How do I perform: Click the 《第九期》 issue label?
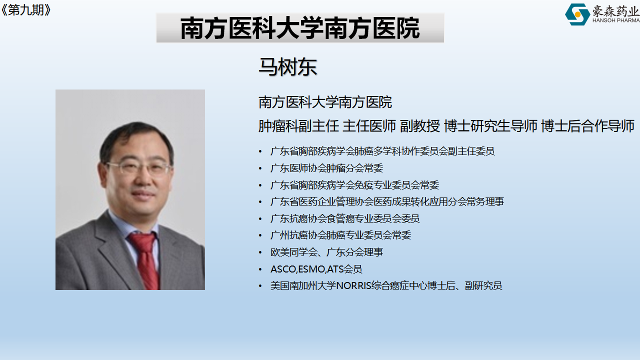[x=26, y=10]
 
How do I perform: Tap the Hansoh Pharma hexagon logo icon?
[x=577, y=14]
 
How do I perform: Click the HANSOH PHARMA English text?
[x=616, y=20]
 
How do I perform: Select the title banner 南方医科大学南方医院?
[x=300, y=27]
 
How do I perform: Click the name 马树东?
[x=287, y=67]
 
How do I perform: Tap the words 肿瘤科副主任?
[x=298, y=126]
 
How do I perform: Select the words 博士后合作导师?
[x=587, y=126]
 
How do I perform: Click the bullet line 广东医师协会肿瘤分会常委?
[x=326, y=168]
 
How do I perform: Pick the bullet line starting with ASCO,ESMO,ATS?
[x=316, y=269]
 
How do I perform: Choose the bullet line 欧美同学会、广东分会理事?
[x=326, y=252]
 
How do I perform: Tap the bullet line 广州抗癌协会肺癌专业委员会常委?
[x=340, y=235]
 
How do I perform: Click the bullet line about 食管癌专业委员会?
[x=345, y=218]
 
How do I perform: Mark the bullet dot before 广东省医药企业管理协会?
[x=260, y=202]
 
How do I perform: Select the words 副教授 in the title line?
[x=419, y=126]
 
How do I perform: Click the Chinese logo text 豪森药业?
[x=615, y=11]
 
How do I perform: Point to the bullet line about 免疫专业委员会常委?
[x=354, y=185]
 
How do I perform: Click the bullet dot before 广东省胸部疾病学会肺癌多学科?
[x=260, y=151]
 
